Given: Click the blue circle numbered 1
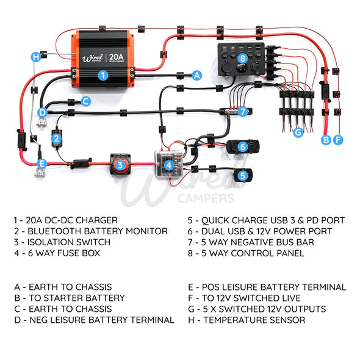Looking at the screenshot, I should click(103, 75).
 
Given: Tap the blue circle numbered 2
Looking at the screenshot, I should click(56, 139).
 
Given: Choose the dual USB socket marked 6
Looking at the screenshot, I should click(242, 146).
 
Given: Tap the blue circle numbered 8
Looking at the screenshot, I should click(243, 59).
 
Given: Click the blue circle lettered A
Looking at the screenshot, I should click(196, 75).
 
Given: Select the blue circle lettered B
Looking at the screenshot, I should click(326, 140).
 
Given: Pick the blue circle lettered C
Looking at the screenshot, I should click(86, 101).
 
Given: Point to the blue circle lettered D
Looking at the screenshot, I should click(42, 112).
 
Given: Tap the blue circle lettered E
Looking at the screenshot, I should click(42, 164).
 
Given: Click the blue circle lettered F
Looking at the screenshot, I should click(338, 140).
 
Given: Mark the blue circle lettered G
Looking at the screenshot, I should click(298, 132).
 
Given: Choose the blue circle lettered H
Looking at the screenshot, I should click(36, 57).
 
